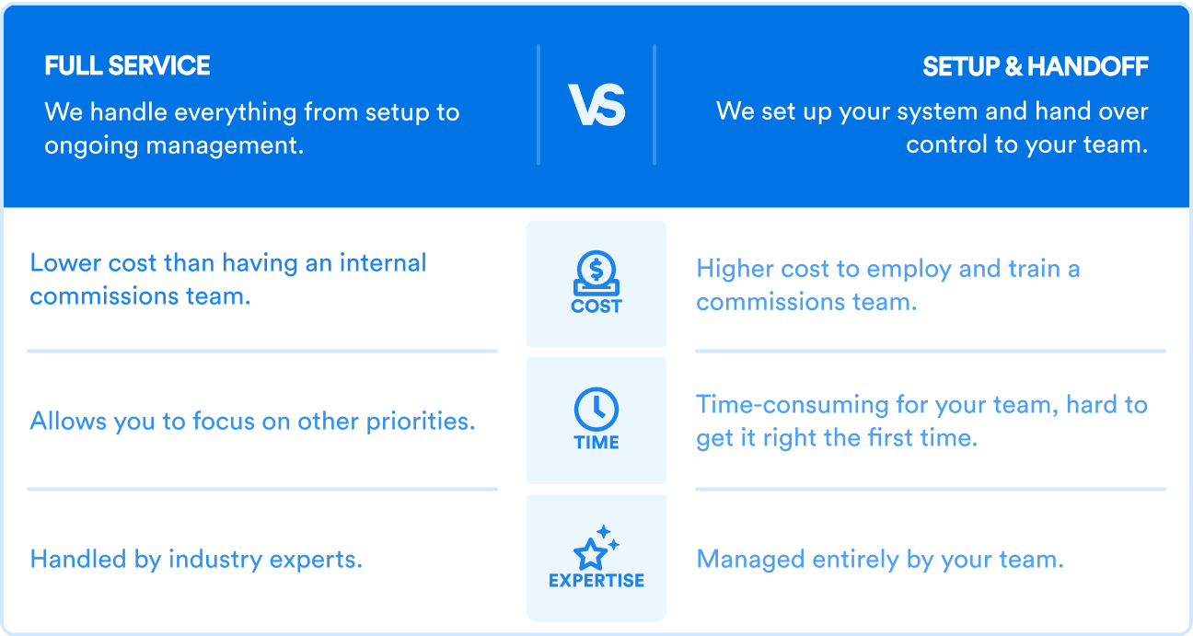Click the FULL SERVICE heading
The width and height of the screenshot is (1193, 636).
[x=127, y=66]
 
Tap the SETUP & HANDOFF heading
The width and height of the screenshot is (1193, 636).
[x=1036, y=66]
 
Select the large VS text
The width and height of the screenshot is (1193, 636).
[x=596, y=106]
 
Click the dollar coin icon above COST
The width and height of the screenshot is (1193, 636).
[x=596, y=272]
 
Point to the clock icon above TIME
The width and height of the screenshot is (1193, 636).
[x=596, y=409]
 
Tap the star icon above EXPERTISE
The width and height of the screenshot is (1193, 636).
[x=596, y=547]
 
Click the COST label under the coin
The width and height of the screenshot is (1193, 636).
[x=596, y=306]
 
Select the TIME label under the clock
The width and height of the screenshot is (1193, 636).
[x=596, y=443]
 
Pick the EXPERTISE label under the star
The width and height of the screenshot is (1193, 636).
[x=596, y=580]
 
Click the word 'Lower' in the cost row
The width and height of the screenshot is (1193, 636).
[x=65, y=262]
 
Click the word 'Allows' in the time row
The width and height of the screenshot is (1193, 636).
[x=69, y=421]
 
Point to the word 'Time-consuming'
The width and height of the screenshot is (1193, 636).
[x=793, y=405]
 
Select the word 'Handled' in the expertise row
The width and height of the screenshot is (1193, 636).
[x=78, y=560]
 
